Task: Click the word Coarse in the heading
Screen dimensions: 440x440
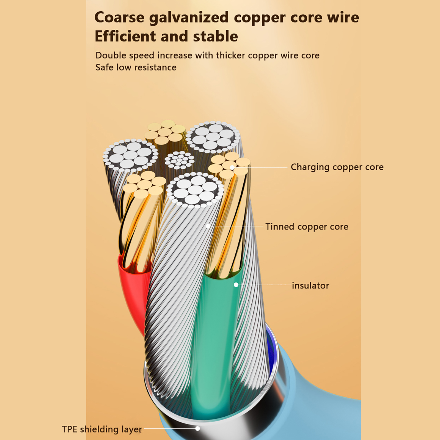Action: point(119,17)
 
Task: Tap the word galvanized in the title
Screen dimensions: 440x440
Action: point(189,18)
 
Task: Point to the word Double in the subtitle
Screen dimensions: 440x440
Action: point(111,56)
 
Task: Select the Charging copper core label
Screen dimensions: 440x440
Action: point(337,167)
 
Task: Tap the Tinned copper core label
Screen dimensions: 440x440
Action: point(307,227)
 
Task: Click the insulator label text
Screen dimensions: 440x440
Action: point(310,285)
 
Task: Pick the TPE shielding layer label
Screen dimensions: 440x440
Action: point(102,429)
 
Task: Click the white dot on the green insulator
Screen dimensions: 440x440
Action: point(236,285)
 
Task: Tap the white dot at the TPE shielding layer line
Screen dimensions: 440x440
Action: point(197,428)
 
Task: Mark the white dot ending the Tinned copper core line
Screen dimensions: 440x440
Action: point(208,226)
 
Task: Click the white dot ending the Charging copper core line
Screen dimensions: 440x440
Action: point(232,167)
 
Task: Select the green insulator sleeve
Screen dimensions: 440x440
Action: point(217,330)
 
